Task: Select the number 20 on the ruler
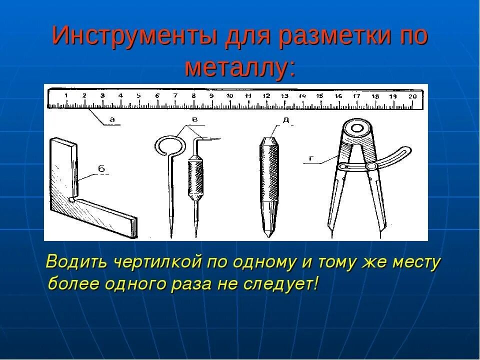412,96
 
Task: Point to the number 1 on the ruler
66,95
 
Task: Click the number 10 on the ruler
229,95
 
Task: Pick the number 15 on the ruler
320,95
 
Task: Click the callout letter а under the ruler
112,119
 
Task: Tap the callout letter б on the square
101,169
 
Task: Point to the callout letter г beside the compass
311,159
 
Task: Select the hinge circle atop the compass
357,129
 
